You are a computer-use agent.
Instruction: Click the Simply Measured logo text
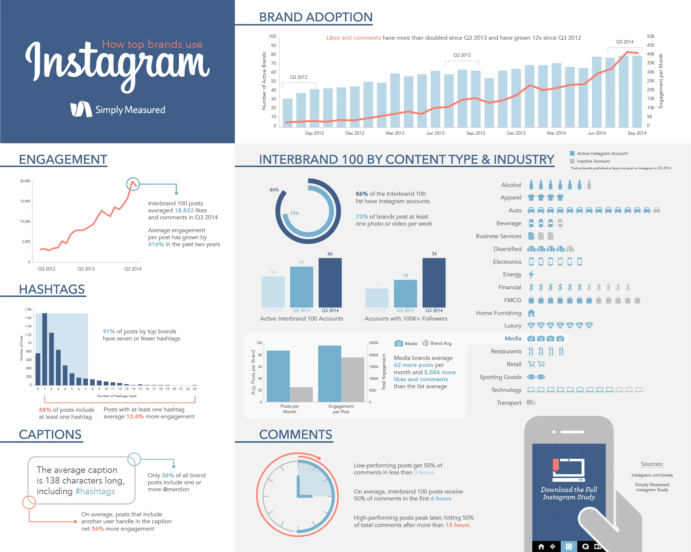tap(130, 110)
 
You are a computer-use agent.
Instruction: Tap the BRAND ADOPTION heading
tap(315, 17)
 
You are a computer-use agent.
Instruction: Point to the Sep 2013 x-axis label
tap(475, 133)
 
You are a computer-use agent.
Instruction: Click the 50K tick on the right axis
tap(651, 36)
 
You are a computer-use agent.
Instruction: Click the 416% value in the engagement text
tap(156, 244)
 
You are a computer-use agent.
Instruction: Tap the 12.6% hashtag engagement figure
tap(135, 417)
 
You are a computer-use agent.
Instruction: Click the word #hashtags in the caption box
tap(95, 491)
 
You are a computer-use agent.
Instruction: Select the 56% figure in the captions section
tap(98, 529)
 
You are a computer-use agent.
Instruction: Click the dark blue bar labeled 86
tap(330, 283)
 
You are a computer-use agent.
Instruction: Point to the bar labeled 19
tap(405, 293)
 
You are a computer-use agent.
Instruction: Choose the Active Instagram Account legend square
tap(572, 153)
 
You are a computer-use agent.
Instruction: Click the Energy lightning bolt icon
tap(531, 275)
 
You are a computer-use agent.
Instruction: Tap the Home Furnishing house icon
tap(531, 313)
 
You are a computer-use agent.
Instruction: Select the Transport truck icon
tap(531, 403)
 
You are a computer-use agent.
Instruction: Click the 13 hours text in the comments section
tap(457, 525)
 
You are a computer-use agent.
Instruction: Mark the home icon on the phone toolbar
tap(541, 546)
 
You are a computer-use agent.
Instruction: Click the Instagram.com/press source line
tap(652, 475)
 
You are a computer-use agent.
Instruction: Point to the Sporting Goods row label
tap(500, 377)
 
